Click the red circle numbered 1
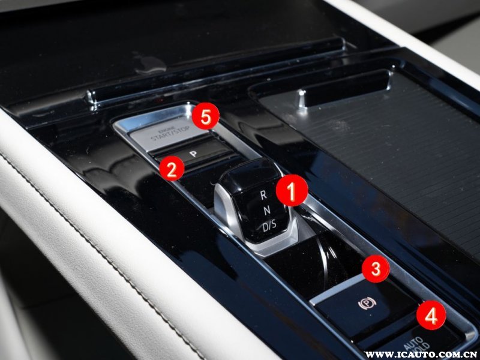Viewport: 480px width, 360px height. [292, 190]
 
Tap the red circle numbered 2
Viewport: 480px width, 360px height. [172, 169]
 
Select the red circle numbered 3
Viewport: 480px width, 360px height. [376, 269]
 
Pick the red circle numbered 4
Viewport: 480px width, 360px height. [431, 316]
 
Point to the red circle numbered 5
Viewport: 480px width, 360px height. [206, 116]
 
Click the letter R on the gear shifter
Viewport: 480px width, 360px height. [263, 195]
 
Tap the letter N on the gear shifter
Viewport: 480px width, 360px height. [266, 210]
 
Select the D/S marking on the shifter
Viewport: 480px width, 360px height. [269, 226]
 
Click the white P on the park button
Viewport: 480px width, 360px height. [193, 154]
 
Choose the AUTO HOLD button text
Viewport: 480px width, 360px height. [415, 345]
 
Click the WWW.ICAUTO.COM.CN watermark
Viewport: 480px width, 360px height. [422, 355]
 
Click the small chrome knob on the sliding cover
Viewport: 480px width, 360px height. [302, 98]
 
